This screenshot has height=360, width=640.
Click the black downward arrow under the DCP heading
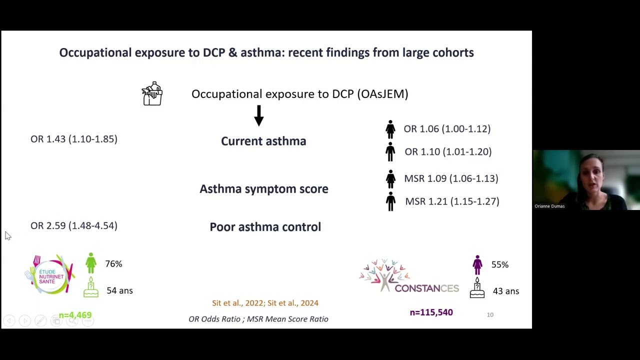pyautogui.click(x=258, y=115)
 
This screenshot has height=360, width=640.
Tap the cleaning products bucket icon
pyautogui.click(x=152, y=93)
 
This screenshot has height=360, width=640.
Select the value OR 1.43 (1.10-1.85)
pyautogui.click(x=74, y=139)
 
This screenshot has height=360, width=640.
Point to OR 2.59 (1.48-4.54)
pyautogui.click(x=74, y=225)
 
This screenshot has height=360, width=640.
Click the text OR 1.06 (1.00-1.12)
pyautogui.click(x=447, y=128)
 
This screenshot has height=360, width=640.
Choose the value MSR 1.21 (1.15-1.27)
pyautogui.click(x=452, y=201)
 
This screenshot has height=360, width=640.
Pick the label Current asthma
pyautogui.click(x=263, y=141)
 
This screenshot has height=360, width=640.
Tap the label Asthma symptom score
pyautogui.click(x=264, y=188)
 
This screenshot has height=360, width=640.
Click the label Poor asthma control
pyautogui.click(x=265, y=226)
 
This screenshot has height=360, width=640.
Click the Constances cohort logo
pyautogui.click(x=409, y=276)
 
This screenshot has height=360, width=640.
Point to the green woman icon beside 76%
pyautogui.click(x=91, y=263)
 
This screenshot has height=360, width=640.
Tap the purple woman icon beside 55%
pyautogui.click(x=477, y=264)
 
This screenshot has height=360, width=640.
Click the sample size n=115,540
pyautogui.click(x=431, y=312)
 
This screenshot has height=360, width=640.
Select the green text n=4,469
pyautogui.click(x=75, y=315)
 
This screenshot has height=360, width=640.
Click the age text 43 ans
pyautogui.click(x=505, y=291)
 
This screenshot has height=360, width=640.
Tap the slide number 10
pyautogui.click(x=490, y=314)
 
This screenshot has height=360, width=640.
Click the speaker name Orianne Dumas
pyautogui.click(x=549, y=206)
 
